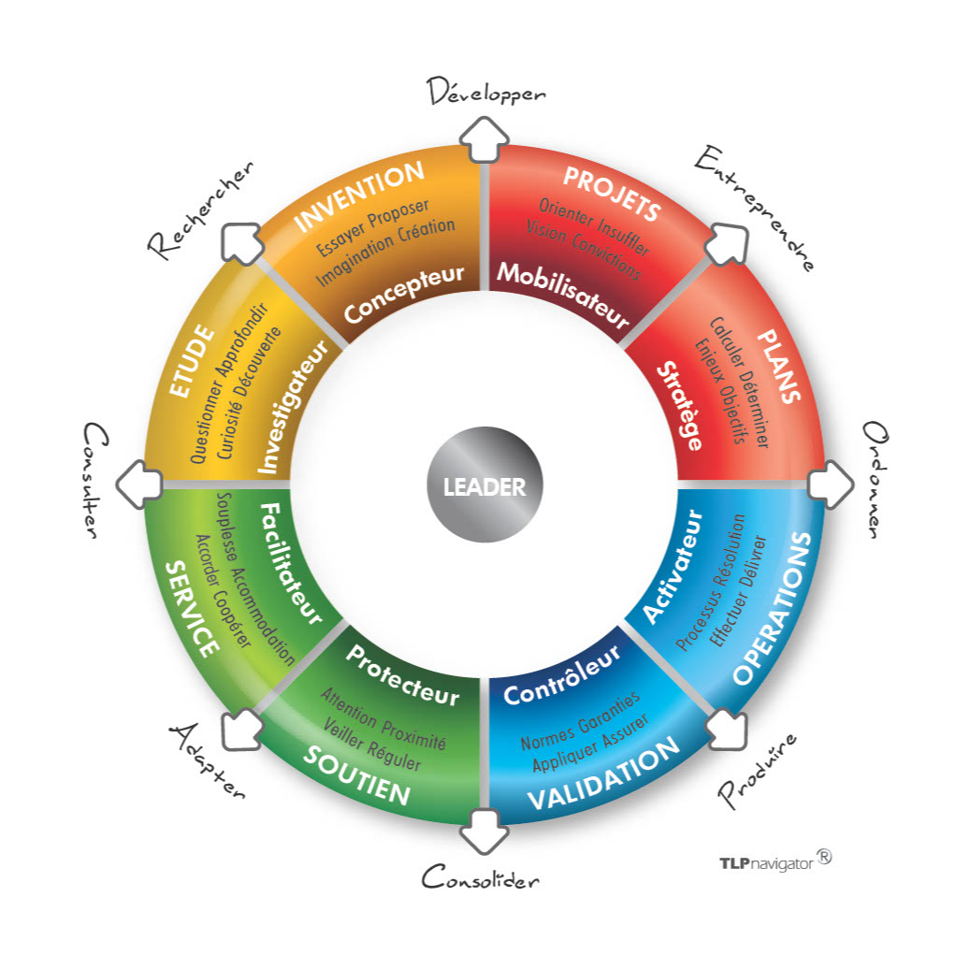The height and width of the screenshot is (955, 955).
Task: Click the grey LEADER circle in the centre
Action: (484, 486)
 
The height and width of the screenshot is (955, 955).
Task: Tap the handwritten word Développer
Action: (485, 93)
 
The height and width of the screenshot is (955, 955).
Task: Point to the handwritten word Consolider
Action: (481, 878)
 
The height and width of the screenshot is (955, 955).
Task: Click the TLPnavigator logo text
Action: (766, 861)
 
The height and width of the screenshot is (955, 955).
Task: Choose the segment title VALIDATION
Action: (601, 775)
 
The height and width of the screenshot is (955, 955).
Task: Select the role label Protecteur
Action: (402, 675)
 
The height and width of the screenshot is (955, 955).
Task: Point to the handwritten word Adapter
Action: (208, 760)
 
